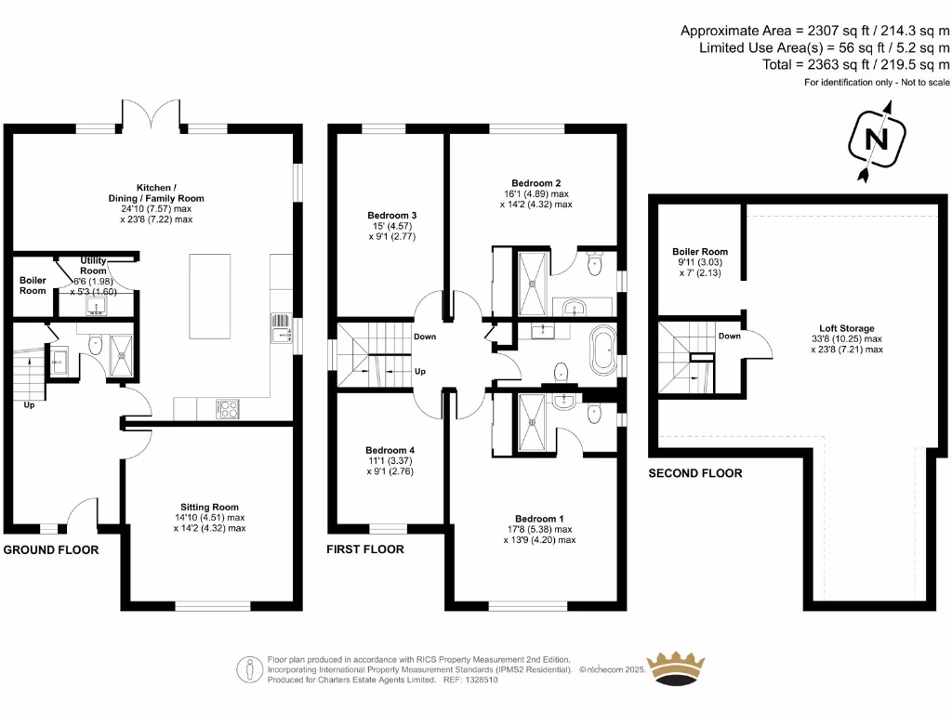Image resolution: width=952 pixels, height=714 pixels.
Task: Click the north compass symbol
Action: pos(876,141)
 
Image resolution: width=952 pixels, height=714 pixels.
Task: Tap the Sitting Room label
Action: pos(209,507)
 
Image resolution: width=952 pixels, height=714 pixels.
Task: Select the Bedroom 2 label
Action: pos(536,183)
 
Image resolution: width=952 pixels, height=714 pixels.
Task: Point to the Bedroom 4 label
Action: pos(390,450)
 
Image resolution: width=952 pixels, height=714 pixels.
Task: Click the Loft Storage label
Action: pos(847,328)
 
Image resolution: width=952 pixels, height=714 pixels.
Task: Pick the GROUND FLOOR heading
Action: pos(51,550)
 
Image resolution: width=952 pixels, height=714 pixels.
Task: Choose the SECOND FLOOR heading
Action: pos(695,473)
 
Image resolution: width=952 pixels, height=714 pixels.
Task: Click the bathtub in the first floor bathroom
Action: pos(603,350)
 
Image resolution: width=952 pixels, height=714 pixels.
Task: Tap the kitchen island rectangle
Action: pos(209,297)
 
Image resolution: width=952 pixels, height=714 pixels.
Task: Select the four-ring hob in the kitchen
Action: pos(228,409)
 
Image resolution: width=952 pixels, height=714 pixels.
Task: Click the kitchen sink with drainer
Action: pos(281,328)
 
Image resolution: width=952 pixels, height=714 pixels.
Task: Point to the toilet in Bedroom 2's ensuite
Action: pos(594,264)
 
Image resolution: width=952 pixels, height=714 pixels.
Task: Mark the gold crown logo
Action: pos(675,668)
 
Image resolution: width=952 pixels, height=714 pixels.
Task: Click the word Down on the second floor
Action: pos(729,336)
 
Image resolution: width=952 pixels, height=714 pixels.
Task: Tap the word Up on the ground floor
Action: pos(29,405)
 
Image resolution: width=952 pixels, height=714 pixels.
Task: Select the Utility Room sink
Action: pos(96,307)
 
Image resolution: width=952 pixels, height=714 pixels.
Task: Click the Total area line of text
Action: pos(856,64)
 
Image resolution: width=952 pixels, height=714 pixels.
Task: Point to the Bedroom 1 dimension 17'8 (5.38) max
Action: pos(540,529)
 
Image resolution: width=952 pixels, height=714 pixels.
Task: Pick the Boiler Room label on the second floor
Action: pos(700,251)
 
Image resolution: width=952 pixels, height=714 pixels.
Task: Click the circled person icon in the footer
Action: pos(249,669)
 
